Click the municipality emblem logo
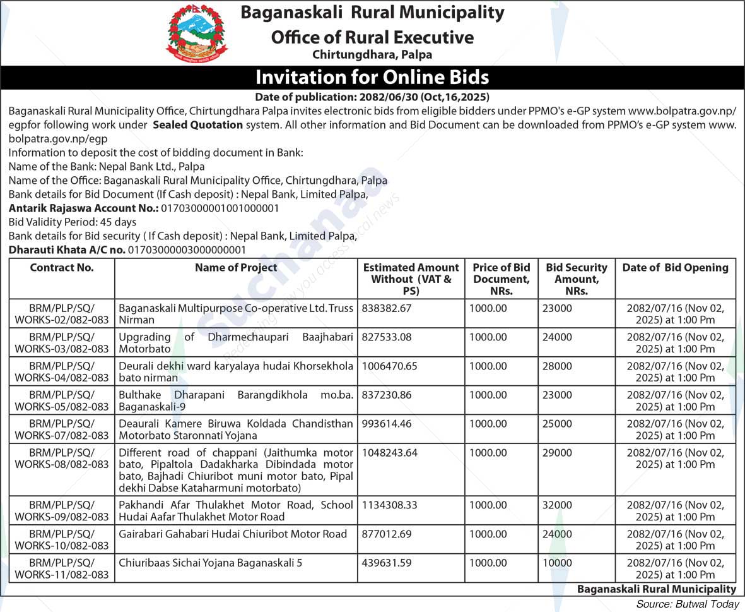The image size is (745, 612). [x=197, y=33]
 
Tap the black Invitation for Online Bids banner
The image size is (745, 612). [x=372, y=77]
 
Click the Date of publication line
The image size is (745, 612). [x=372, y=97]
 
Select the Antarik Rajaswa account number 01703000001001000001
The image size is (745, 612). [x=220, y=208]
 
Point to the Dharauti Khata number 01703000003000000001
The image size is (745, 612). [x=187, y=250]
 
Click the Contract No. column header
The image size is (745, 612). [x=62, y=268]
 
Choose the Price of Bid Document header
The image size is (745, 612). [x=502, y=279]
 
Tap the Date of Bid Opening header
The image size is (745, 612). [x=675, y=268]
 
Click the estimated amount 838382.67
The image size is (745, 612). [x=387, y=308]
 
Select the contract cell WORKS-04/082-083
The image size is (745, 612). [x=62, y=372]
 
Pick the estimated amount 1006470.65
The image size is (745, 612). [x=389, y=366]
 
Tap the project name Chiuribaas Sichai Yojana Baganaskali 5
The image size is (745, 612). [x=211, y=563]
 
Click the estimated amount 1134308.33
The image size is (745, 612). [x=389, y=505]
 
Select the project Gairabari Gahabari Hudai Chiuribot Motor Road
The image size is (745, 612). [x=233, y=534]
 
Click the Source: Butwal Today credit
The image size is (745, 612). [x=688, y=604]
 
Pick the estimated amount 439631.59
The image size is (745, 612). [x=387, y=563]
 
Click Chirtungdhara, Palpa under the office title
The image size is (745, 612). [x=372, y=55]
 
